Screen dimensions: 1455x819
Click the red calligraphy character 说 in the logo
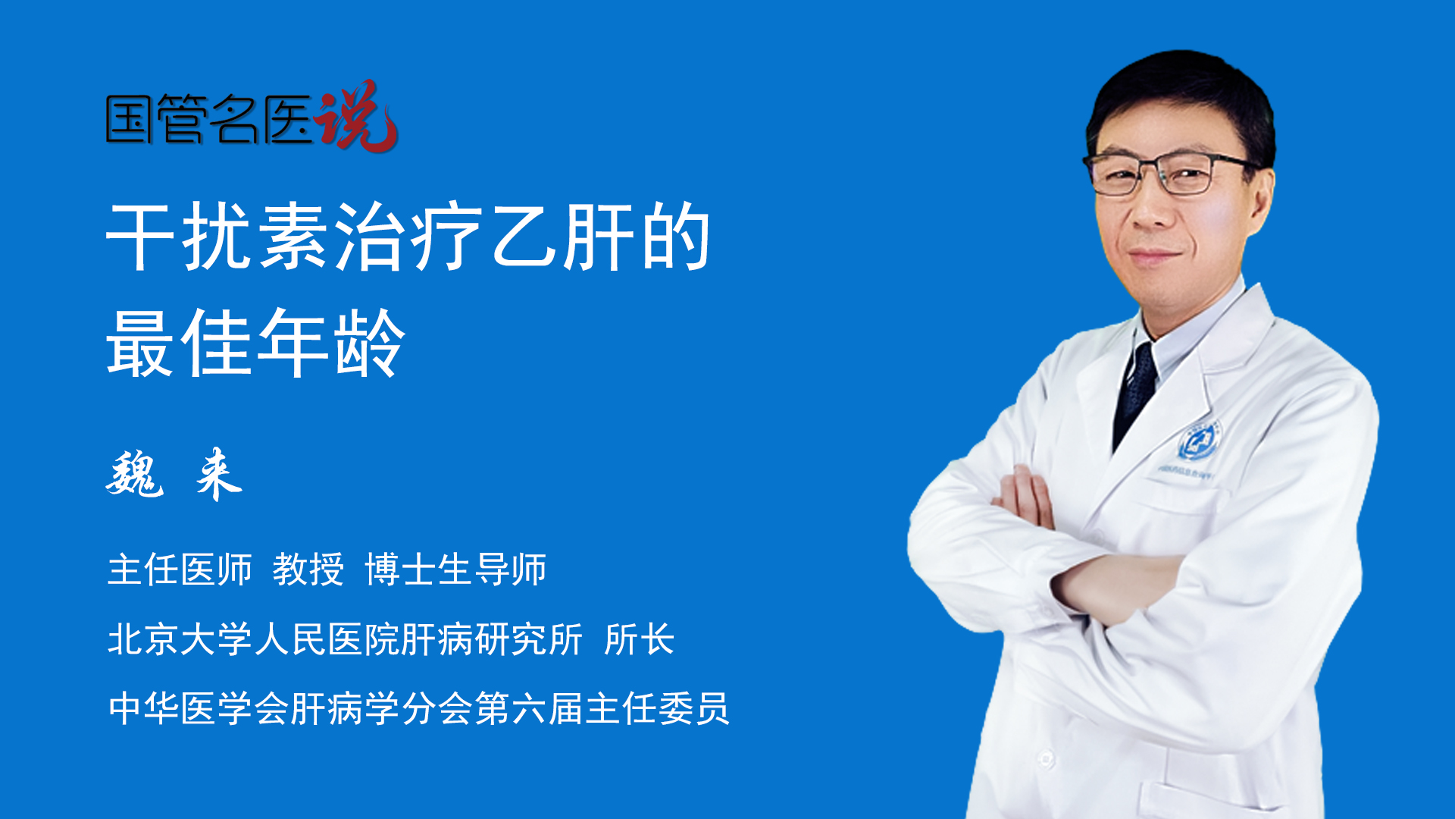point(356,116)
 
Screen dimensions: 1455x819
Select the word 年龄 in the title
point(331,343)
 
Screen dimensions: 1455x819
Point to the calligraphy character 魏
point(135,474)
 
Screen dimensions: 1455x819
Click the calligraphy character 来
point(218,474)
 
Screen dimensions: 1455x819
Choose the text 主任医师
point(180,570)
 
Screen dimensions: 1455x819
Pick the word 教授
point(308,570)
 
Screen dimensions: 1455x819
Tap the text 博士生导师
point(455,570)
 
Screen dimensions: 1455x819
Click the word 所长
point(639,639)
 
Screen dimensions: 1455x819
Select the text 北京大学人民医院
point(254,639)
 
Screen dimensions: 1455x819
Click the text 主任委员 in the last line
point(657,708)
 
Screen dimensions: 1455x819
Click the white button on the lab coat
point(1046,758)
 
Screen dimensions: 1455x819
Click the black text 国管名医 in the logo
point(209,119)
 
